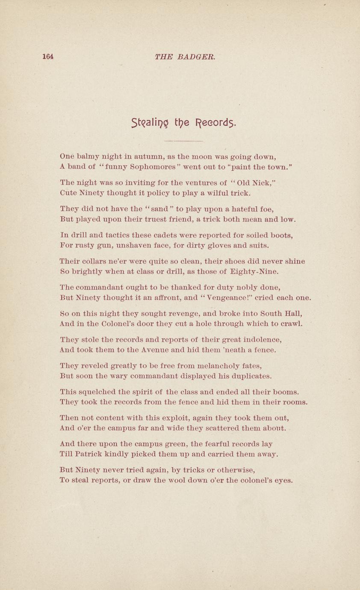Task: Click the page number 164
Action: [x=48, y=56]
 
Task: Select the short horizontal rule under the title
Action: [x=183, y=141]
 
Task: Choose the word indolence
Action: [x=255, y=340]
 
